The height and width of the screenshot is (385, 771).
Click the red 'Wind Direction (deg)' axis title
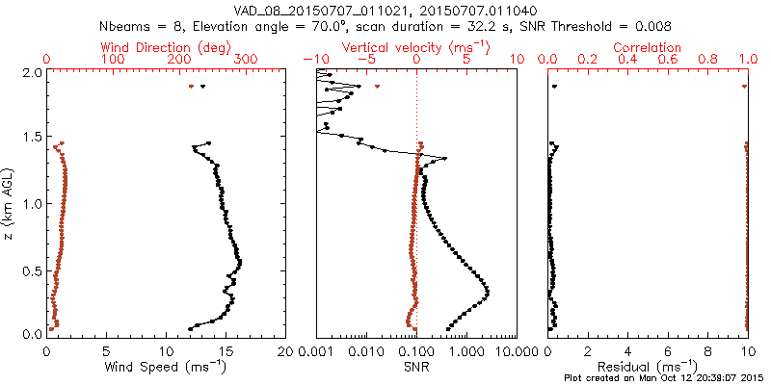(x=166, y=47)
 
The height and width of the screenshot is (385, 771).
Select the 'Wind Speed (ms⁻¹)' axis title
(x=166, y=367)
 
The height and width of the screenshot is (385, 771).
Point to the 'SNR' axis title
(x=415, y=367)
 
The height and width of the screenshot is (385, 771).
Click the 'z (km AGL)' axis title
(x=9, y=202)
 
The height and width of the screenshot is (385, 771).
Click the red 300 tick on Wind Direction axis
(x=245, y=60)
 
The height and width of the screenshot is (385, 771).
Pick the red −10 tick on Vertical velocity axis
(x=315, y=60)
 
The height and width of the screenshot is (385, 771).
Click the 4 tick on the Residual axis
(x=628, y=350)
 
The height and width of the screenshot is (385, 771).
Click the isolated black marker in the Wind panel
(x=202, y=87)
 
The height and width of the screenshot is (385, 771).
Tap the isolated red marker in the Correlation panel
(x=745, y=87)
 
